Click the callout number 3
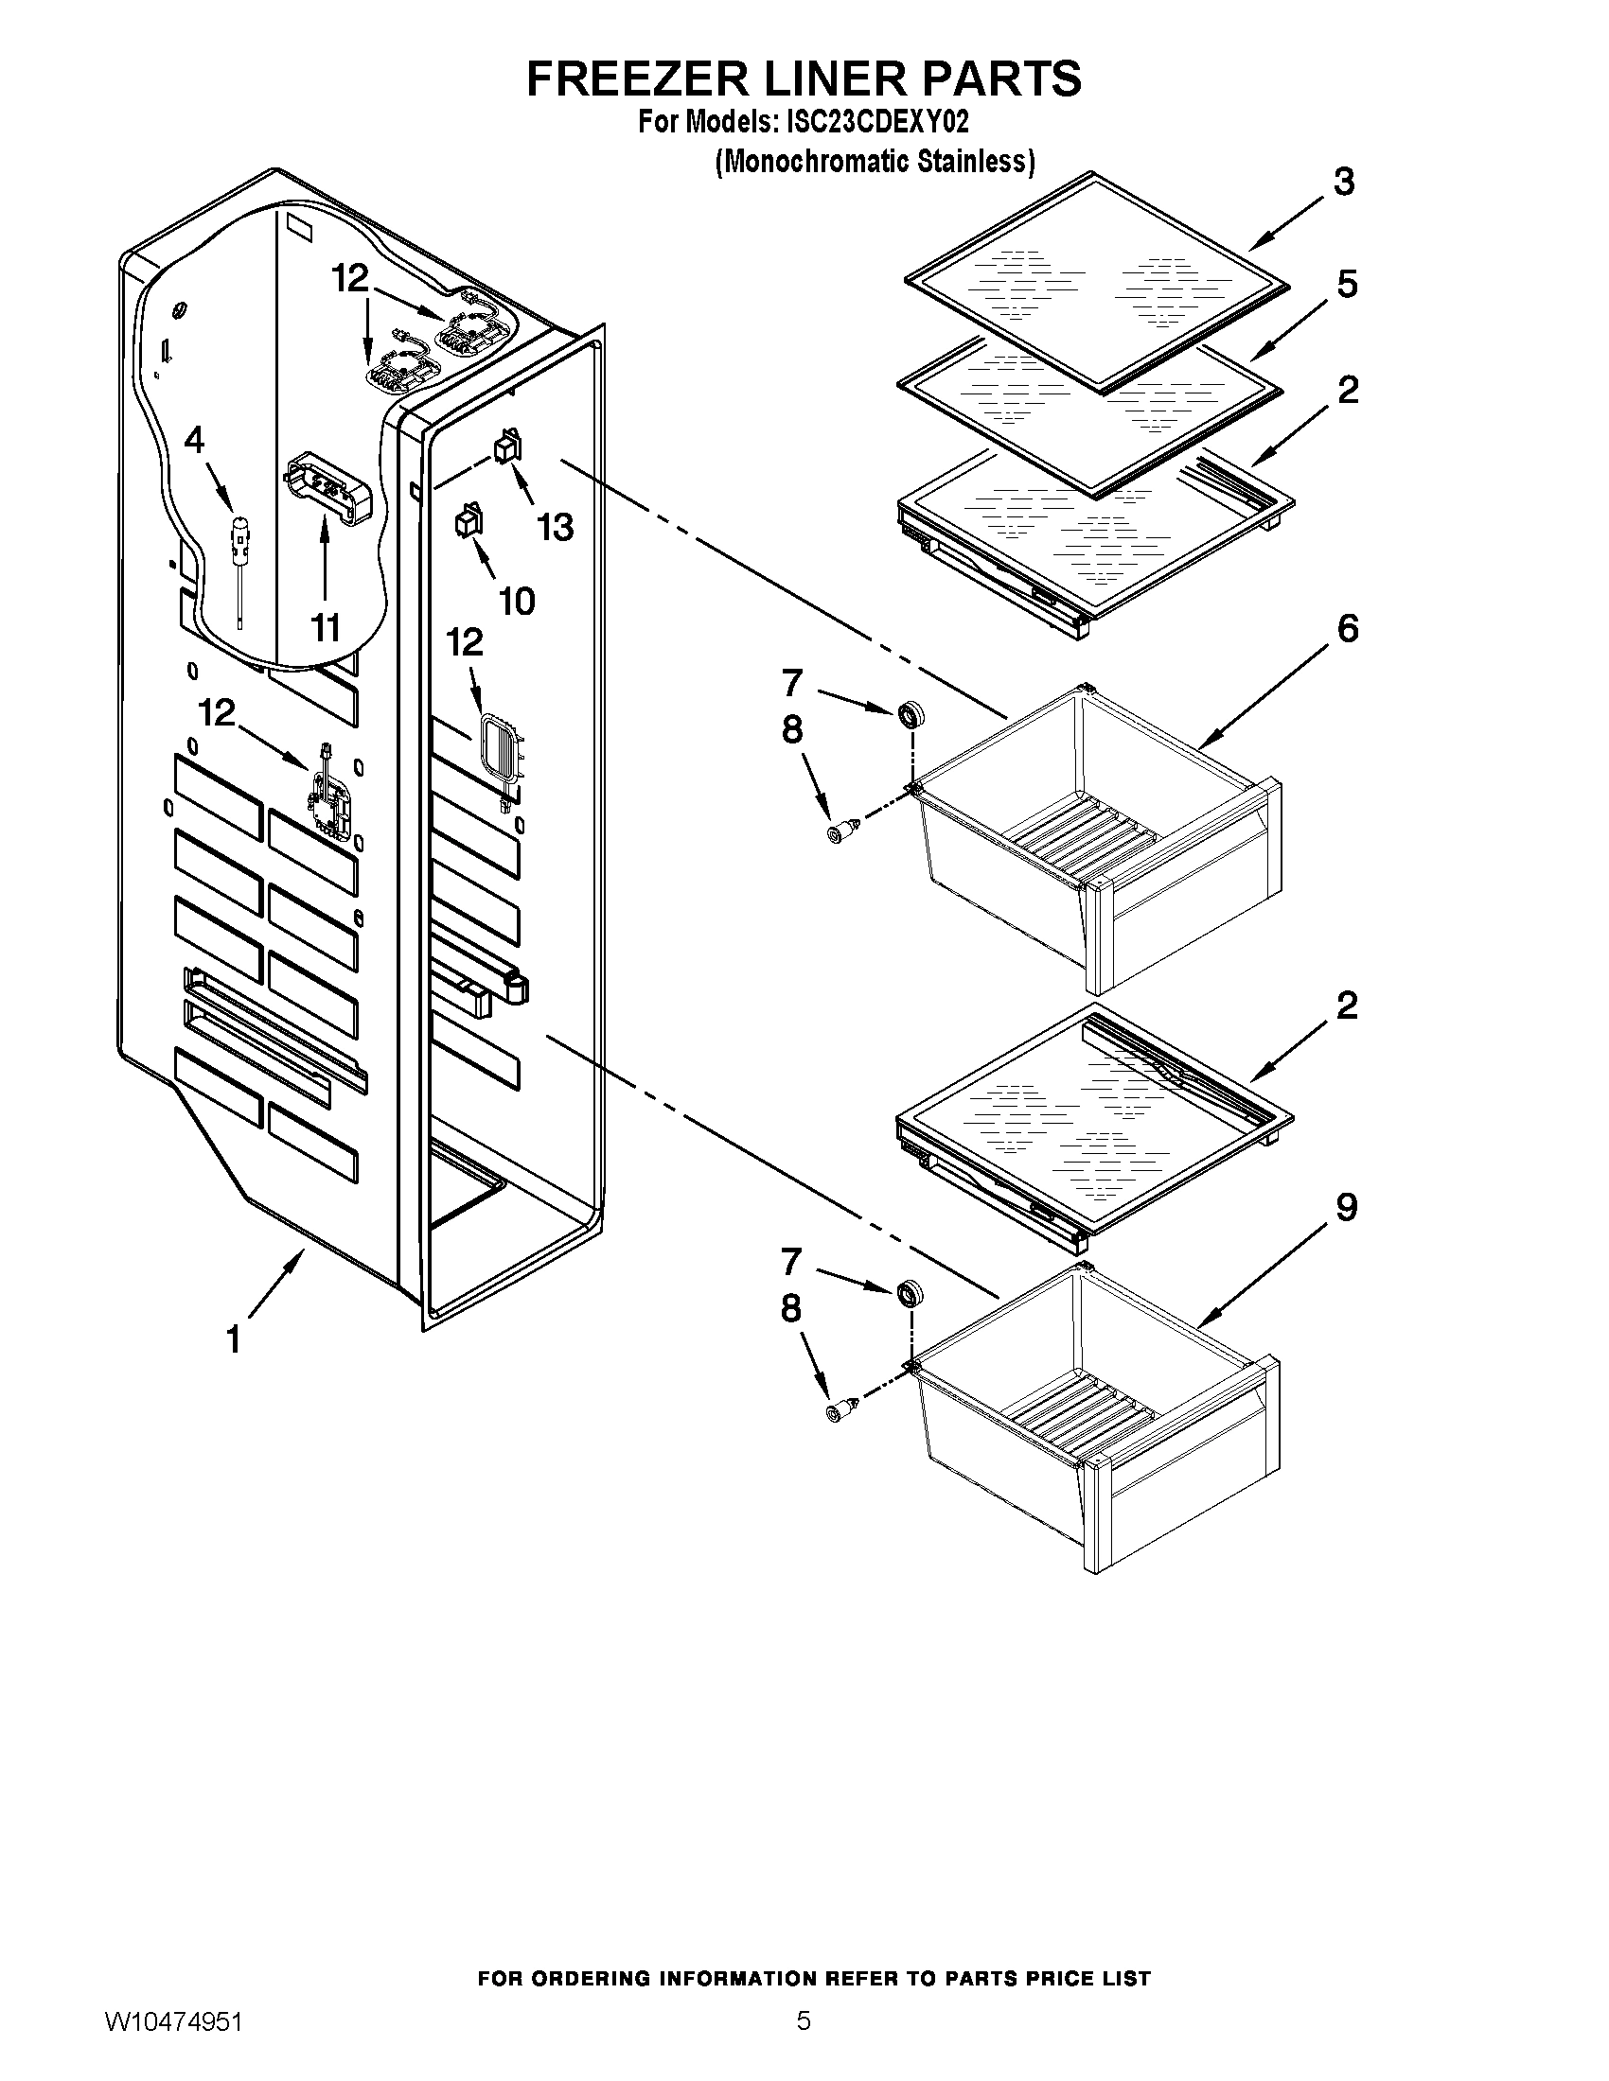[x=1344, y=181]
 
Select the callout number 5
[x=1347, y=284]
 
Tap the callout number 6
[x=1348, y=628]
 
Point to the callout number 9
[x=1346, y=1207]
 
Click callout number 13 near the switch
[x=555, y=526]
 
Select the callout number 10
[x=517, y=602]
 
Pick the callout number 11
[x=325, y=628]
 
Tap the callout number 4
[x=194, y=440]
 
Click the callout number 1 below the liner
[x=233, y=1338]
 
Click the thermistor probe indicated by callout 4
[x=241, y=543]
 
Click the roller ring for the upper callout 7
[x=911, y=712]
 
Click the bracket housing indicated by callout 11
[x=325, y=488]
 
